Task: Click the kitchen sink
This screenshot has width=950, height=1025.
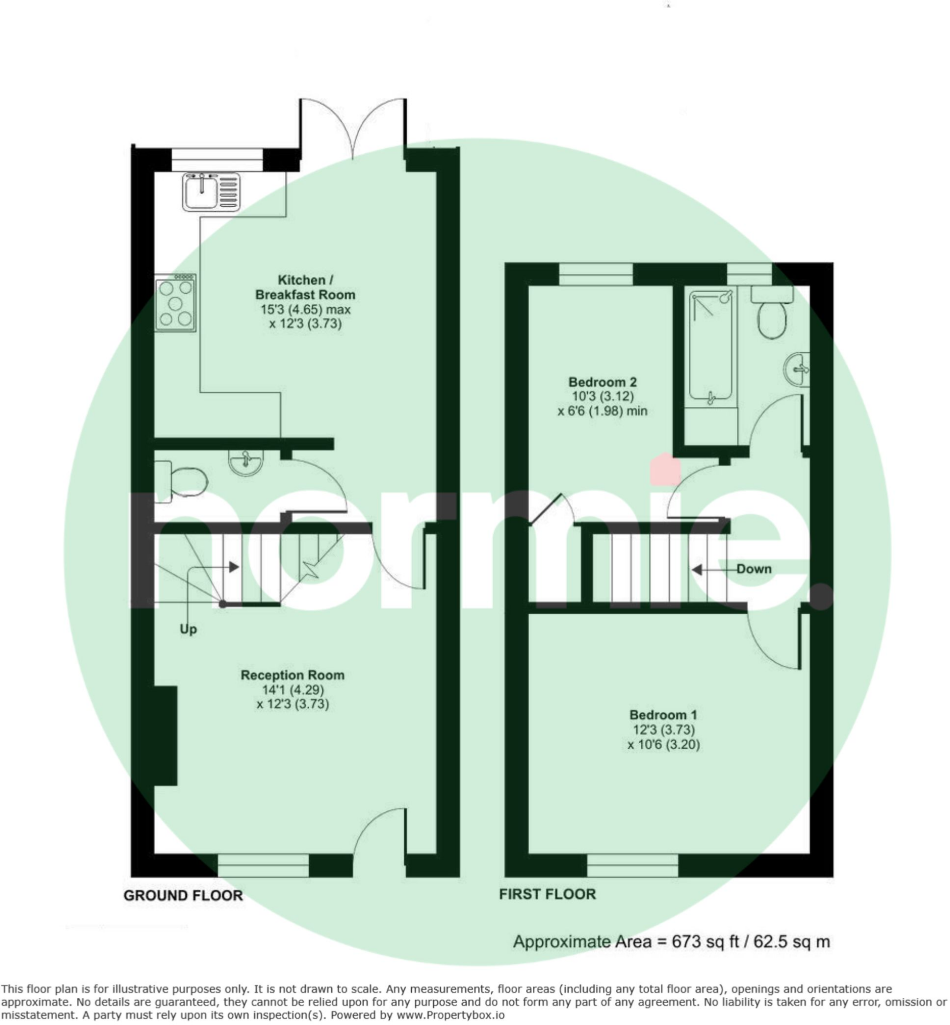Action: (x=211, y=191)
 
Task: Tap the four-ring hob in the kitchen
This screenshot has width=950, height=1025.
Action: (x=175, y=303)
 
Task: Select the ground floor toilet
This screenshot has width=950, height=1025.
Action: (x=182, y=482)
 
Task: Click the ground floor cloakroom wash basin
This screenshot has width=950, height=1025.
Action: (x=246, y=462)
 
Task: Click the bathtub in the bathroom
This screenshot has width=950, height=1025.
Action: (x=710, y=346)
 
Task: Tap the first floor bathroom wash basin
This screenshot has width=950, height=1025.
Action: (x=798, y=368)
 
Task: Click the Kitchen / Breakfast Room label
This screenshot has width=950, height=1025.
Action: (x=305, y=287)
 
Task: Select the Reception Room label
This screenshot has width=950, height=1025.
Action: (x=293, y=675)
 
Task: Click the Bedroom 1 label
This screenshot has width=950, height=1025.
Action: (x=663, y=715)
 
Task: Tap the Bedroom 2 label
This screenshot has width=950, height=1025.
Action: (x=602, y=382)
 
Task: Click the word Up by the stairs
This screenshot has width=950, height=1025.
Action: (x=188, y=630)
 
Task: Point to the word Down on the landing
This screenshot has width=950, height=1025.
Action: (x=753, y=569)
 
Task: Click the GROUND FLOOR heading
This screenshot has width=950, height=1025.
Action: (x=183, y=895)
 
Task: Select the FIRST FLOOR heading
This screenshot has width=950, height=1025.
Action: (x=547, y=894)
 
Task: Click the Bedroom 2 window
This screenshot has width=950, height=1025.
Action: (x=596, y=274)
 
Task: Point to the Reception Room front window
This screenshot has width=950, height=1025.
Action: (x=263, y=865)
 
